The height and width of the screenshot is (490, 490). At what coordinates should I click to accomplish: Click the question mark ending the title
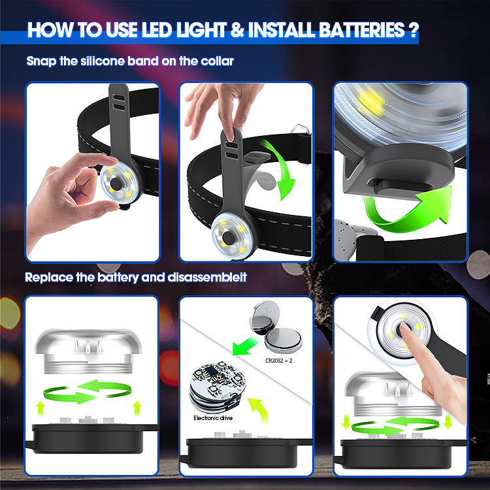click(413, 30)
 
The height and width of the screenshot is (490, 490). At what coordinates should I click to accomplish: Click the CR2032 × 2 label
click(279, 361)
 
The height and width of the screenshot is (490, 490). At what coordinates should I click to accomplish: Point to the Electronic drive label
click(213, 418)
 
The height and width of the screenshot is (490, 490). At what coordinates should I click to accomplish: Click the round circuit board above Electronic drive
click(218, 387)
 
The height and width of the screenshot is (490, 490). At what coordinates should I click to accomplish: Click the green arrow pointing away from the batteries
click(245, 345)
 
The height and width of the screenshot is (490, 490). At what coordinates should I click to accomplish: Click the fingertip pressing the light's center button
click(404, 326)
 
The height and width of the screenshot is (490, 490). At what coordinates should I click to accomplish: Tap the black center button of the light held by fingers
click(115, 184)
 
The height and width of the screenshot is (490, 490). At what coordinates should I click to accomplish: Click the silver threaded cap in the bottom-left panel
click(88, 351)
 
